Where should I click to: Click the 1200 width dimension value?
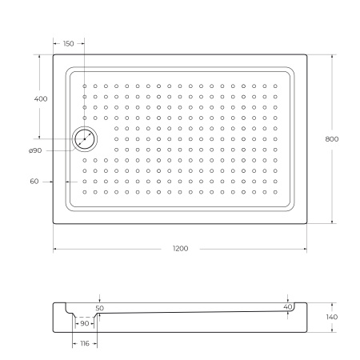click(x=180, y=249)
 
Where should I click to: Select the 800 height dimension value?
click(x=332, y=139)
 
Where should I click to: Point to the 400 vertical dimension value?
click(x=40, y=98)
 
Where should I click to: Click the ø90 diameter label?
click(x=35, y=150)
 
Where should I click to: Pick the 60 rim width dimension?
click(x=34, y=182)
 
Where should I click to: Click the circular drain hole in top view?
click(x=84, y=139)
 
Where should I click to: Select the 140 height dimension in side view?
click(x=332, y=318)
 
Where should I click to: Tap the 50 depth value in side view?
click(x=99, y=307)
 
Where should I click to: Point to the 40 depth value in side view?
click(x=288, y=306)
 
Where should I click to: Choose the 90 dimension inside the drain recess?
click(x=85, y=323)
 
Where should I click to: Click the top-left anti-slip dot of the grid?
click(x=85, y=86)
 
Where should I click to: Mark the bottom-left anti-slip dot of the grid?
click(x=85, y=192)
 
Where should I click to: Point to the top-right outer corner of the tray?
click(x=307, y=54)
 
